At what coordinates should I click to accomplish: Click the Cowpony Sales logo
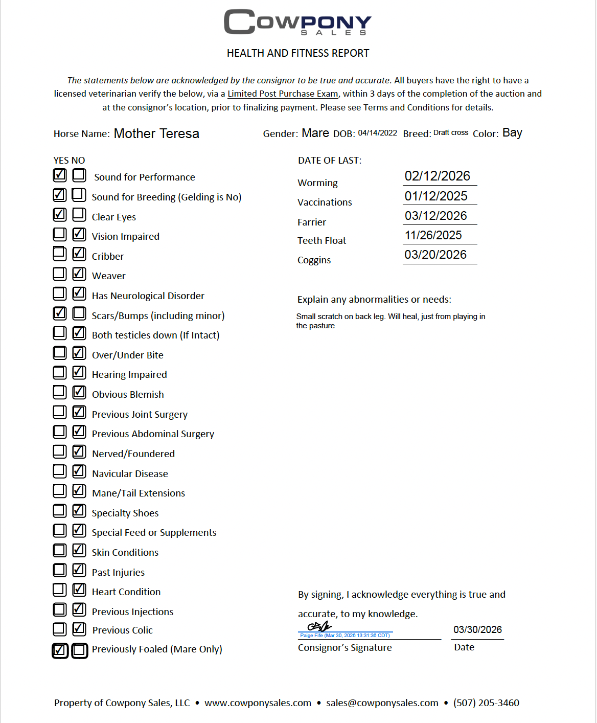coord(297,22)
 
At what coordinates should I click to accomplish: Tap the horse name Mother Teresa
coord(156,133)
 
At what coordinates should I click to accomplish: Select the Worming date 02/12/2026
coord(437,176)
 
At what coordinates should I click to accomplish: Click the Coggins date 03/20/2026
coord(435,255)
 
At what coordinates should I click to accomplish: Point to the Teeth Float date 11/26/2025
coord(433,235)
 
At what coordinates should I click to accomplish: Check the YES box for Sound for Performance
coord(60,175)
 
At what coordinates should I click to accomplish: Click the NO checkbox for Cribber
coord(79,254)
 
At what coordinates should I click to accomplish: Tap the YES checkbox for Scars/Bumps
coord(60,313)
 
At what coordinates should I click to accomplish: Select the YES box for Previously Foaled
coord(60,650)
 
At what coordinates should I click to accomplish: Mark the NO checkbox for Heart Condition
coord(79,590)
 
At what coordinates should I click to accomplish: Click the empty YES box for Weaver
coord(60,274)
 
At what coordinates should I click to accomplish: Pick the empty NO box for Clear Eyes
coord(79,214)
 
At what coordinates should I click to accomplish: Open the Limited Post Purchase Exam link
coord(283,94)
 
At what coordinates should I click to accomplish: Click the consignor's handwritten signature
coord(319,626)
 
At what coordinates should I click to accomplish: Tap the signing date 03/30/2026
coord(477,629)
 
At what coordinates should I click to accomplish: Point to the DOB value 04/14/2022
coord(377,133)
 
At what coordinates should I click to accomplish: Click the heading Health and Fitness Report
coord(298,53)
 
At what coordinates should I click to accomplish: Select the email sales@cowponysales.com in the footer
coord(382,703)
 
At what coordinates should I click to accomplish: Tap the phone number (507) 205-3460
coord(486,703)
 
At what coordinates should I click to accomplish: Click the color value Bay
coord(512,133)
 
